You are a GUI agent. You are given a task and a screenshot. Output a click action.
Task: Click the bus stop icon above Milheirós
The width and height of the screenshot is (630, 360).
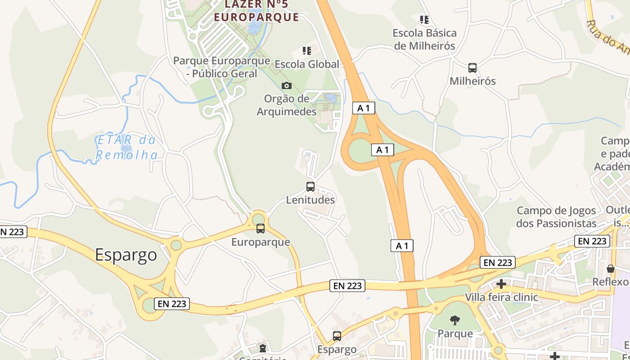pos(472,68)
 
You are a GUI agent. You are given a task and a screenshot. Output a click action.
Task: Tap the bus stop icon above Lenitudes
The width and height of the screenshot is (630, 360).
pos(310,187)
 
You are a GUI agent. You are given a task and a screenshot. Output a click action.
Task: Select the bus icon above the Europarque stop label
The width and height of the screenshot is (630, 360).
pos(261,229)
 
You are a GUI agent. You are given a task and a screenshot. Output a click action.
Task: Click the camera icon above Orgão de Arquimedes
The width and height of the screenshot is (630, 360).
pos(286,85)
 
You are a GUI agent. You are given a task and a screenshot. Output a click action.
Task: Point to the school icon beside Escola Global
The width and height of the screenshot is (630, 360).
pos(307,50)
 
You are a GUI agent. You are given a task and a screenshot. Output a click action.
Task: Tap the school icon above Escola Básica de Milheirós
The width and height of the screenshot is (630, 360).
pos(424,19)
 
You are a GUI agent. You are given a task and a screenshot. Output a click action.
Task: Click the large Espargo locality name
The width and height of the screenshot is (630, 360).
pos(126,255)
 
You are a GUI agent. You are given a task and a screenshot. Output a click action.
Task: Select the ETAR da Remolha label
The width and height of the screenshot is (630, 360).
pos(127,148)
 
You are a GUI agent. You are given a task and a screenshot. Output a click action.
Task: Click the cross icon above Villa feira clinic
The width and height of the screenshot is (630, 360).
pos(501,284)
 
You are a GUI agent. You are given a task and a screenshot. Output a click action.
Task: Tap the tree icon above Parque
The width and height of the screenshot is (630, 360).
pos(455,320)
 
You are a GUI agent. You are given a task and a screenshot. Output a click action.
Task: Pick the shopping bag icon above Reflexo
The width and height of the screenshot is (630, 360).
pos(610,269)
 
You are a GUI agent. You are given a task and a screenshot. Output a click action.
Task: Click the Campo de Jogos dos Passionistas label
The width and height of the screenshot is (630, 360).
pos(556,217)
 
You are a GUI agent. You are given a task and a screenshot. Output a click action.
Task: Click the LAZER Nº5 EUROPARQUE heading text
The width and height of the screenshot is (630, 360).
pos(256,11)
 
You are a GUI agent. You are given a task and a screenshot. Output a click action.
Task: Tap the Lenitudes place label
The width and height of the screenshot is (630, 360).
pos(310,200)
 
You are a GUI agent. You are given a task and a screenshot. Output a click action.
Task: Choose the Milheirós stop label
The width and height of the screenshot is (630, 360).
pos(472,81)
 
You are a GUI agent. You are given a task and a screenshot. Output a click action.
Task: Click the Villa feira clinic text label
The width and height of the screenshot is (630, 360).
pos(501,297)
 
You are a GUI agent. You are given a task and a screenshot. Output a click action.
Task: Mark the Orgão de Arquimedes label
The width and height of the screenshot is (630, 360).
pos(287,105)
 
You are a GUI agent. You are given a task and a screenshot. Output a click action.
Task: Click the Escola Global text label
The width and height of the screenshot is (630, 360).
pos(307,64)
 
